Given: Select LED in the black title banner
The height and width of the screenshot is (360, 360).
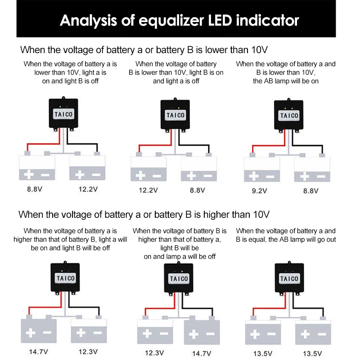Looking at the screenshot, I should point(215,20).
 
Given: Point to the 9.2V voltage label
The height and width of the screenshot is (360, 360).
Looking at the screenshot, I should point(259,191).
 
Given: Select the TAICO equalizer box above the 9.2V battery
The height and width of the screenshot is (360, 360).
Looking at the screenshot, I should point(288,115).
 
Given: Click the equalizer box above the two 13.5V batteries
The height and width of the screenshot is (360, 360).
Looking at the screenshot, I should point(288,279).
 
